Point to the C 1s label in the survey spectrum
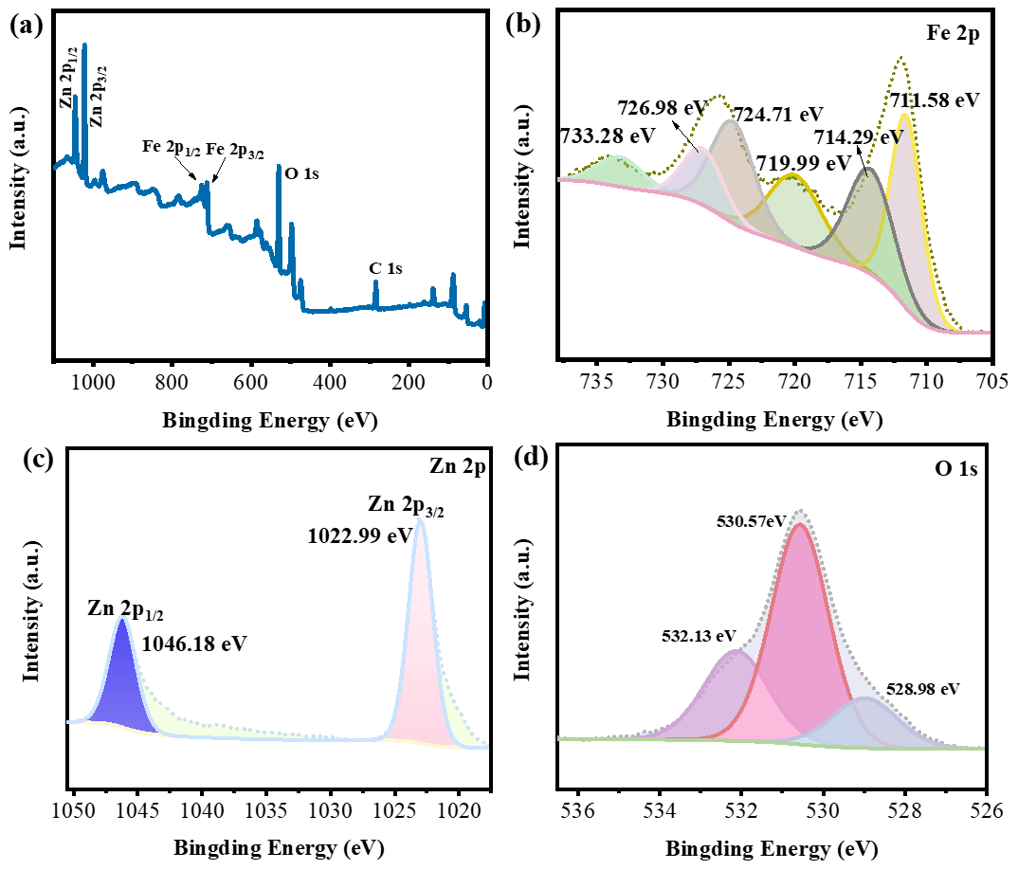(x=386, y=268)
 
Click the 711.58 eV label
(x=934, y=99)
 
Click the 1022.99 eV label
(x=359, y=535)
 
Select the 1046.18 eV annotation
(x=194, y=644)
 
